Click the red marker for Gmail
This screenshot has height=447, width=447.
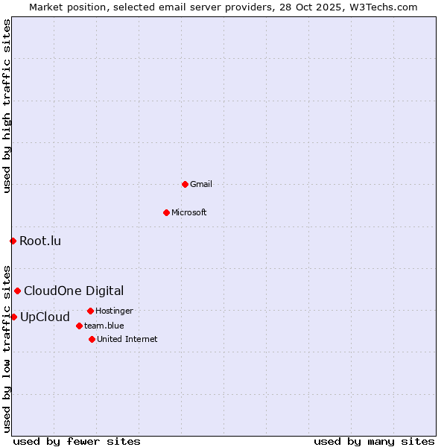coord(185,184)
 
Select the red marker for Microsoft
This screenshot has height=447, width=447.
coord(166,212)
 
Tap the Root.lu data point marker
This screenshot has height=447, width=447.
coord(13,241)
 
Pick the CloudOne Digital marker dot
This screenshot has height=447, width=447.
coord(17,291)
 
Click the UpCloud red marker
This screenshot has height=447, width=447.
coord(13,317)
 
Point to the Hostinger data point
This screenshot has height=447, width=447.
coord(90,311)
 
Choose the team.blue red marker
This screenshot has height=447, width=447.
coord(79,326)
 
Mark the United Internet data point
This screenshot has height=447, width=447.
coord(92,339)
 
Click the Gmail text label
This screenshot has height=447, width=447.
coord(201,184)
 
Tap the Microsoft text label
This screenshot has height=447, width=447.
coord(189,212)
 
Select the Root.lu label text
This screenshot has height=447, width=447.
coord(40,241)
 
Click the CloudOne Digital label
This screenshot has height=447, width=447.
coord(74,291)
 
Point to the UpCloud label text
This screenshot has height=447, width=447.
coord(45,317)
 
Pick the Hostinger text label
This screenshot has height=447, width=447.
coord(114,311)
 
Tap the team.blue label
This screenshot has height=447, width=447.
coord(104,326)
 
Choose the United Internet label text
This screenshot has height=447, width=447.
coord(127,339)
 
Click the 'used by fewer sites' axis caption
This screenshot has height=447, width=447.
coord(77,441)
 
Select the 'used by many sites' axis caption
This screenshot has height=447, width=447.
coord(374,441)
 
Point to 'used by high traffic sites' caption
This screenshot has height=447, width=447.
coord(7,106)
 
